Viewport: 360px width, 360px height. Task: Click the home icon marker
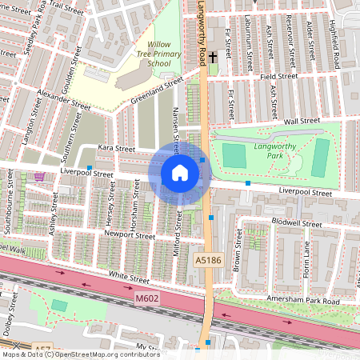[x=180, y=173]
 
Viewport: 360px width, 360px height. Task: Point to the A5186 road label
[x=207, y=260]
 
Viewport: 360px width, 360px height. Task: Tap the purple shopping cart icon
[x=40, y=177]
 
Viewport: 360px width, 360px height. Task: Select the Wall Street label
[x=302, y=121]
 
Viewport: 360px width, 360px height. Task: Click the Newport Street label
[x=130, y=236]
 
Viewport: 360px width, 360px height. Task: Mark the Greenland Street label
[x=157, y=92]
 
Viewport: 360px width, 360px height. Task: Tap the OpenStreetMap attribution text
[x=80, y=354]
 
